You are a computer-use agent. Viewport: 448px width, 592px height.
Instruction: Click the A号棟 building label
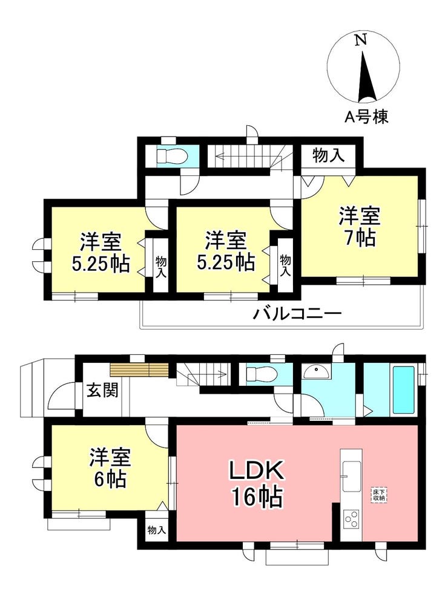point(366,117)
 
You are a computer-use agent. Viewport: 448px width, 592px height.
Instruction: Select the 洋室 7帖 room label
point(359,227)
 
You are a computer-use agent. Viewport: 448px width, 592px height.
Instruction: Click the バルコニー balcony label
point(297,313)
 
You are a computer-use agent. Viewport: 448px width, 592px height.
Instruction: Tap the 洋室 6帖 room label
point(110,468)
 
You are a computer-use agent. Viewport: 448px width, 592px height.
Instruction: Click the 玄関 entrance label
point(102,390)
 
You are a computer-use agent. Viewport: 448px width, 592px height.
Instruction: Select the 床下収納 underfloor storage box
point(379,495)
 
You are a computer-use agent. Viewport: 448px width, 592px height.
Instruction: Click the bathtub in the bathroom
point(404,389)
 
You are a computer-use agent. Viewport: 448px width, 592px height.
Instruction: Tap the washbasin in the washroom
point(317,372)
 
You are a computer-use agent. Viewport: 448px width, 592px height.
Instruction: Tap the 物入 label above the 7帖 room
point(328,155)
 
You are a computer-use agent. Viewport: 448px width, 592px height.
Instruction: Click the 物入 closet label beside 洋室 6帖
point(157,530)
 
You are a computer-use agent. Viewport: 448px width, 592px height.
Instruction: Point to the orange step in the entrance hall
point(139,369)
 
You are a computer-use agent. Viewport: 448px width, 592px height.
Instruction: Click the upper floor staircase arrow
point(245,155)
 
